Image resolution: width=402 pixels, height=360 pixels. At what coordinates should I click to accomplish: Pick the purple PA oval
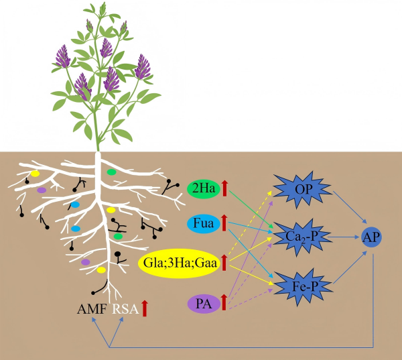coord(204,304)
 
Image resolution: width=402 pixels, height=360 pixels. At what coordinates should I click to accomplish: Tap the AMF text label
coord(92,309)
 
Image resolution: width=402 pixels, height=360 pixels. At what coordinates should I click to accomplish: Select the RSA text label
coord(124,309)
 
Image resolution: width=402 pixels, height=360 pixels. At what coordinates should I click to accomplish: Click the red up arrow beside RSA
coord(145,308)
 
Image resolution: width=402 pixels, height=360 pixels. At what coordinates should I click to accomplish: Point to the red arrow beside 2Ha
coord(225,188)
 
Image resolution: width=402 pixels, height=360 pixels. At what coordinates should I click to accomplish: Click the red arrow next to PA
coord(224,304)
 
